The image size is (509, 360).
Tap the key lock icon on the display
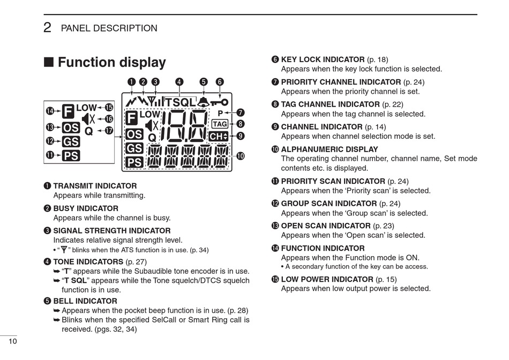point(219,102)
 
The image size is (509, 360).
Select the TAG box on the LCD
point(220,124)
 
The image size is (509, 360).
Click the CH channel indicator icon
point(219,137)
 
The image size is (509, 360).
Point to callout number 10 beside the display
point(240,156)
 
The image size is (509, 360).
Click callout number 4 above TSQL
point(179,82)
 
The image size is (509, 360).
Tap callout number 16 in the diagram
point(109,119)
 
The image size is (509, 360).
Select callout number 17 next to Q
point(109,130)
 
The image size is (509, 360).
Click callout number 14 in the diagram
point(50,111)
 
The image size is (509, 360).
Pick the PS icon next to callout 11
point(71,156)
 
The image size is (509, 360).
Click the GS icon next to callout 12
point(71,142)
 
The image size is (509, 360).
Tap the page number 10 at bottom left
point(12,342)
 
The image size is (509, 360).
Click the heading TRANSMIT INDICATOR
point(95,186)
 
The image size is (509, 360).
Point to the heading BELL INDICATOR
point(85,301)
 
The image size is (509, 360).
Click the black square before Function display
point(49,63)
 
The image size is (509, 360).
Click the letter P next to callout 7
point(220,114)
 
